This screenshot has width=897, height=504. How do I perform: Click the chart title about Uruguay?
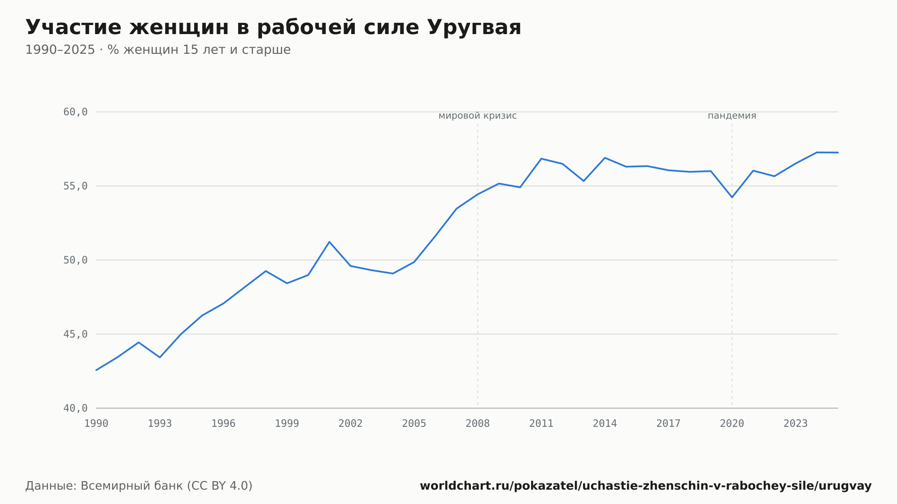point(273,28)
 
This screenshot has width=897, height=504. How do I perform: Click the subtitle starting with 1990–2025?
point(158,50)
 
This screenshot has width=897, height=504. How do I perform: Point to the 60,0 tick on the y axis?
point(75,112)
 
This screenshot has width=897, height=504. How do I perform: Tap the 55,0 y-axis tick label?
point(75,186)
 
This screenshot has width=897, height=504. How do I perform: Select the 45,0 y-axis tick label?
point(75,334)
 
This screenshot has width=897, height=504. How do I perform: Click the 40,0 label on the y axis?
point(75,408)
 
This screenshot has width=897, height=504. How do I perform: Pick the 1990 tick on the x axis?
point(96,424)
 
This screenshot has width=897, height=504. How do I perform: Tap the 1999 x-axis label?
point(287,424)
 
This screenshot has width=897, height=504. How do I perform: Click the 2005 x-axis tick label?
point(414,424)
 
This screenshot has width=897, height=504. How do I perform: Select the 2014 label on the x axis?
point(605,424)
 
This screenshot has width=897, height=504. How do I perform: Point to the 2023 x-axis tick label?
point(796,424)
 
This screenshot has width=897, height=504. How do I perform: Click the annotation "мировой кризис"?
point(478,116)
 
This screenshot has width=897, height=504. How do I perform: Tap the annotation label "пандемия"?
point(732,116)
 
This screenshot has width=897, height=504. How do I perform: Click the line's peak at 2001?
point(329,242)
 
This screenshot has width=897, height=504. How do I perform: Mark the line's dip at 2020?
point(732,197)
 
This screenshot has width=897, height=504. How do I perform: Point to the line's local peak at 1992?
point(139,342)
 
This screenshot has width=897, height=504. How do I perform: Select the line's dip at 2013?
point(583,181)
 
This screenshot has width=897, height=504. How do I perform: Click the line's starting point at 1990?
point(96,370)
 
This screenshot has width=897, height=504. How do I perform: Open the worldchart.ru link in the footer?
point(646,486)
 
